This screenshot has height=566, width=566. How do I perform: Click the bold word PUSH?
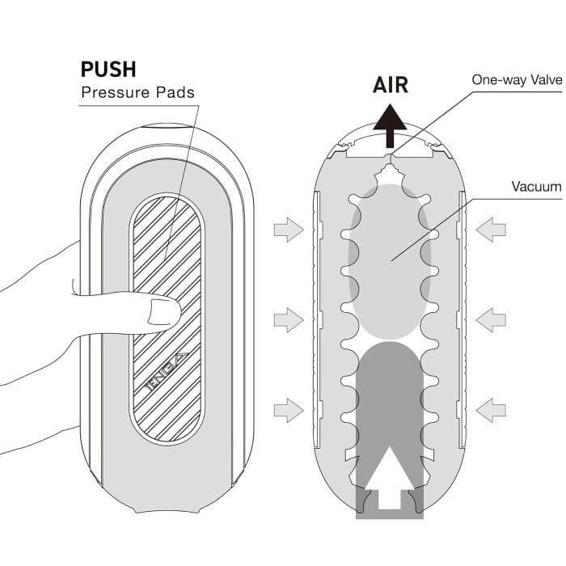pos(108,70)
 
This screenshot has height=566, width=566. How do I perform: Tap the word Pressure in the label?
pos(116,92)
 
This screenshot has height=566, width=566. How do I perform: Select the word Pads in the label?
pos(175,92)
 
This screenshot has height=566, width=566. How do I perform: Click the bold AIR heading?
pos(391,85)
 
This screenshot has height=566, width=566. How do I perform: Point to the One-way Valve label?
pos(517,80)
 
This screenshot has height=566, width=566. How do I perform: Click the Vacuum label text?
pos(536,187)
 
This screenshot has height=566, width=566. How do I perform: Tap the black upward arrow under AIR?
pos(390,125)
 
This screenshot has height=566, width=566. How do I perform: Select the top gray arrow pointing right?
pos(289,230)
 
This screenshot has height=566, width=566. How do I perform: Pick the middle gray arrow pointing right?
pos(289,320)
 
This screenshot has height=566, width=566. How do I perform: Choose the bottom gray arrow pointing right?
pos(289,410)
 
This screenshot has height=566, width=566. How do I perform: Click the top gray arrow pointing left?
pos(491,230)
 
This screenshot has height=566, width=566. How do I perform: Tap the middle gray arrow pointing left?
pos(491,320)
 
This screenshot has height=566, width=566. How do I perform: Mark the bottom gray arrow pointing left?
pos(491,410)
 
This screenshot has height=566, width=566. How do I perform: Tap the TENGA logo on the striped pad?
pos(167,372)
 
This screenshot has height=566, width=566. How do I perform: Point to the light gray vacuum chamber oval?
pos(390,262)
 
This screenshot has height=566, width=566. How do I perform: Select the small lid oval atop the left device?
pos(167,126)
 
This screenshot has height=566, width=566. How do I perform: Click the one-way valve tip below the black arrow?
pos(390,158)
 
